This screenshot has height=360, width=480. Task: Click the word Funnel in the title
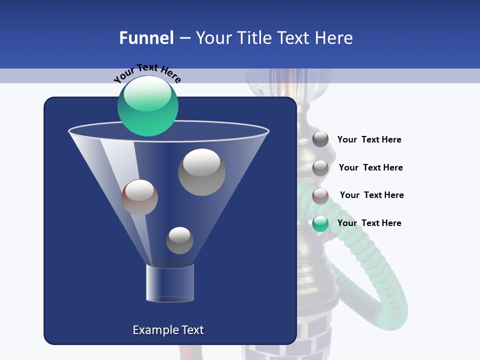tap(146, 37)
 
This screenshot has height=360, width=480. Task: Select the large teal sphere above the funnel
tap(147, 106)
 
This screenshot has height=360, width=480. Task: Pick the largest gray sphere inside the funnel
tap(201, 172)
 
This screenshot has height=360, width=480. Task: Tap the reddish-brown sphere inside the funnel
tap(139, 197)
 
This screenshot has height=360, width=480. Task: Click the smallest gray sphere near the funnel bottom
tap(179, 240)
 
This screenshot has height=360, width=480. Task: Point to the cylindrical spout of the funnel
tap(170, 283)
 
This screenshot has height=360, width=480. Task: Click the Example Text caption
tap(168, 330)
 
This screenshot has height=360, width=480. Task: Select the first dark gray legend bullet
tap(320, 139)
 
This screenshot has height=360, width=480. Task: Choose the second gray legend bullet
tap(320, 168)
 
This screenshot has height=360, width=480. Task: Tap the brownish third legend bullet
tap(320, 196)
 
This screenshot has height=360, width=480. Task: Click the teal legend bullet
tap(320, 223)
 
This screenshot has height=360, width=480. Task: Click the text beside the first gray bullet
tap(369, 139)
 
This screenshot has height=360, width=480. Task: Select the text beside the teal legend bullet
tap(369, 223)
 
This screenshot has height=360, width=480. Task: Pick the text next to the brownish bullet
tap(371, 195)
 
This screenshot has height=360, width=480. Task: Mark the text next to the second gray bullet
tap(370, 167)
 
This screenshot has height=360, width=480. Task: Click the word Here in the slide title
tap(334, 37)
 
